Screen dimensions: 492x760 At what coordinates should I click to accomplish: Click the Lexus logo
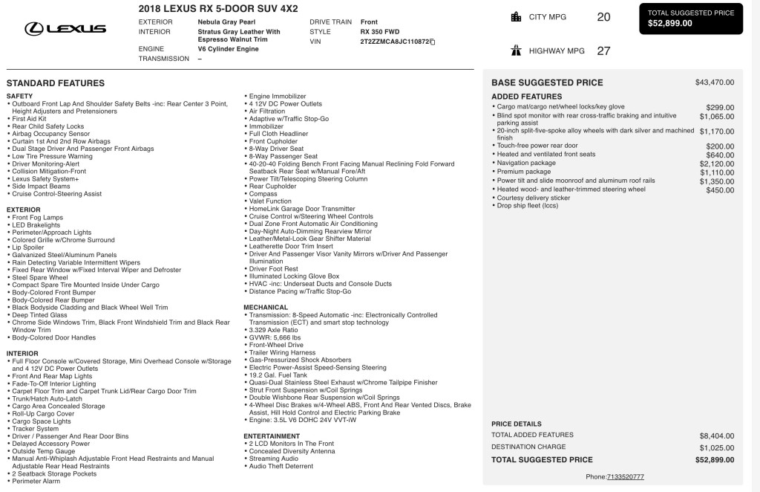click(65, 29)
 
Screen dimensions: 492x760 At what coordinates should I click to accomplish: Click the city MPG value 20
click(603, 17)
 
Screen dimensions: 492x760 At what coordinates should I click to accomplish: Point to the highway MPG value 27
click(603, 51)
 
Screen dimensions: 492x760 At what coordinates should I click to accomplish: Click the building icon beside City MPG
click(516, 17)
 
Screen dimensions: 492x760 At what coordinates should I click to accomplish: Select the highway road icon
click(516, 51)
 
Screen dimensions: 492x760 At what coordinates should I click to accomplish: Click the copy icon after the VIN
click(433, 42)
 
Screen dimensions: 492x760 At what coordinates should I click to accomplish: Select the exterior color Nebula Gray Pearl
click(229, 22)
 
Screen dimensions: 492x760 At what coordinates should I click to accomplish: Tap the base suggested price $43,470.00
click(715, 82)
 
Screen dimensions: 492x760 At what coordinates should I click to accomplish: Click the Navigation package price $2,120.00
click(716, 163)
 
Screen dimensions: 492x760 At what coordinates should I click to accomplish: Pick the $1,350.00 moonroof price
click(716, 181)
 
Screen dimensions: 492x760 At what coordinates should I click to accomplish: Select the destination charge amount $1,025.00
click(716, 447)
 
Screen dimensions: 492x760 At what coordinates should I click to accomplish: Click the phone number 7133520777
click(625, 476)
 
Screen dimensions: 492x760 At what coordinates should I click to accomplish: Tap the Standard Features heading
click(56, 83)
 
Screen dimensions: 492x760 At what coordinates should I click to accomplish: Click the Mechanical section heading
click(266, 307)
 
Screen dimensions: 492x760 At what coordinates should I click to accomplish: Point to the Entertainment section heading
click(272, 436)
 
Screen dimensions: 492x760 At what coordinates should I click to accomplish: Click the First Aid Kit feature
click(30, 119)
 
